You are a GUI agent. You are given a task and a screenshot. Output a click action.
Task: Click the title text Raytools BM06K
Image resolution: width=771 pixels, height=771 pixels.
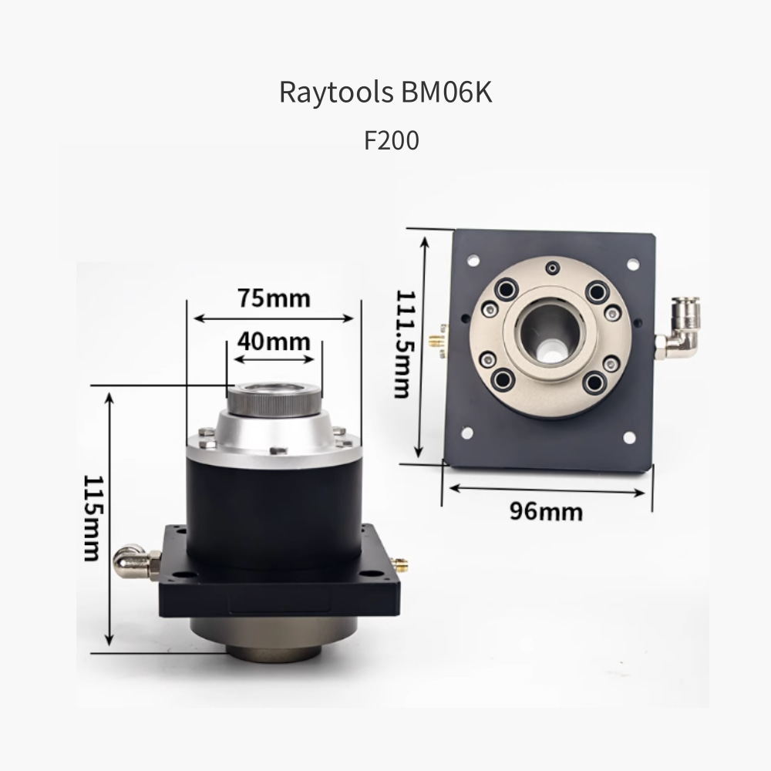385,92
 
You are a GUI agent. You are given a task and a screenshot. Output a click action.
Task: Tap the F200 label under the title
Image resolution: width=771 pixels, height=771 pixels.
392,140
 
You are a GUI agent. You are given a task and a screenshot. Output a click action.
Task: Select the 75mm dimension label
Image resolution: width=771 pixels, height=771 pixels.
274,298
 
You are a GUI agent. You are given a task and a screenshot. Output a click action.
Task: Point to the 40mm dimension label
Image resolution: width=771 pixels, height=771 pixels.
274,342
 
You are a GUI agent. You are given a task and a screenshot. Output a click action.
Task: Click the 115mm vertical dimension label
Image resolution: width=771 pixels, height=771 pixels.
93,518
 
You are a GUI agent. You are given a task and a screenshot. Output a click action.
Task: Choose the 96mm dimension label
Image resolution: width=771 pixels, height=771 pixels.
546,511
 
